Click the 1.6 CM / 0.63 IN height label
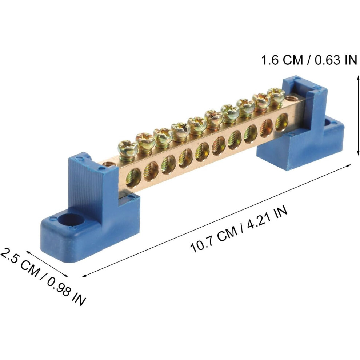point(309,60)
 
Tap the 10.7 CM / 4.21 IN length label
point(239,229)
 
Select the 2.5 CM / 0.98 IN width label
point(43,276)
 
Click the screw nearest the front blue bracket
point(127,149)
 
